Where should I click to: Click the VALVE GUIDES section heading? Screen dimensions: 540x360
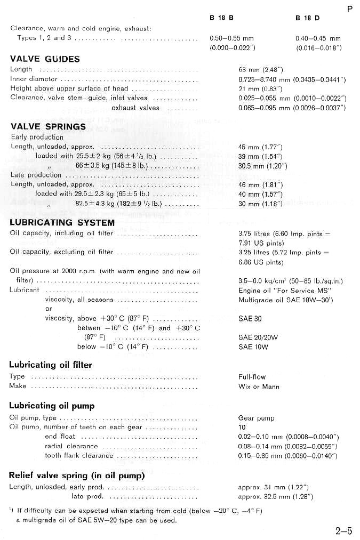point(45,59)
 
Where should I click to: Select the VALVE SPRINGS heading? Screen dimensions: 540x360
point(48,126)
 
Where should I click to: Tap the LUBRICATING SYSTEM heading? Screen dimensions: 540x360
point(62,222)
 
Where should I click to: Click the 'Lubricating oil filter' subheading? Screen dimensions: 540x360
point(51,365)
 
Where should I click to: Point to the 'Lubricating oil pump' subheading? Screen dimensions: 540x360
point(52,406)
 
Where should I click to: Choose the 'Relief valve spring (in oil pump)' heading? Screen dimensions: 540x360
point(77,475)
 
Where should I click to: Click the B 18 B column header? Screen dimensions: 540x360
point(222,18)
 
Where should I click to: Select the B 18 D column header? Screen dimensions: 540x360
point(307,18)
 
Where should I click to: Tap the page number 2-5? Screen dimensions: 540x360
point(343,530)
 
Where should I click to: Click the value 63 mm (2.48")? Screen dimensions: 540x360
point(260,69)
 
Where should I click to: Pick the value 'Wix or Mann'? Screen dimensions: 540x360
point(259,386)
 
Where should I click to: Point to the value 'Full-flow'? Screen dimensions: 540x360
point(252,376)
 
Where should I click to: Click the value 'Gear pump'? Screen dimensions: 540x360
point(257,418)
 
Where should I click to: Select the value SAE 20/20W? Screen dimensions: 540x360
point(259,337)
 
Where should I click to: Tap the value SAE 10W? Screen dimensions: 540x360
point(253,347)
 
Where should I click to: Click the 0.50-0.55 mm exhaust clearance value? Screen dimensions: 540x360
point(232,38)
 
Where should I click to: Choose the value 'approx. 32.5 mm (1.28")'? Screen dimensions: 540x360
point(275,497)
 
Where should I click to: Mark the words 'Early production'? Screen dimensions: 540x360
point(37,137)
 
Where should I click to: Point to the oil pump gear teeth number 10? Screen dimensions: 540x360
point(242,428)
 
